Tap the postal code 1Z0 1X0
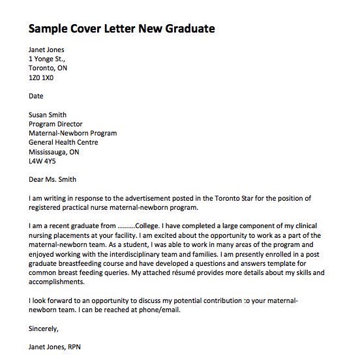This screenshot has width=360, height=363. tap(41, 77)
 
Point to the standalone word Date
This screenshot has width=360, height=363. tap(37, 96)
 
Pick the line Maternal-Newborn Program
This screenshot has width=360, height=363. tap(73, 133)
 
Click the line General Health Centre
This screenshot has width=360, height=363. tap(63, 142)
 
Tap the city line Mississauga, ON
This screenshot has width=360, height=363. tap(54, 151)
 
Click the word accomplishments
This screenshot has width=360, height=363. tap(57, 282)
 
